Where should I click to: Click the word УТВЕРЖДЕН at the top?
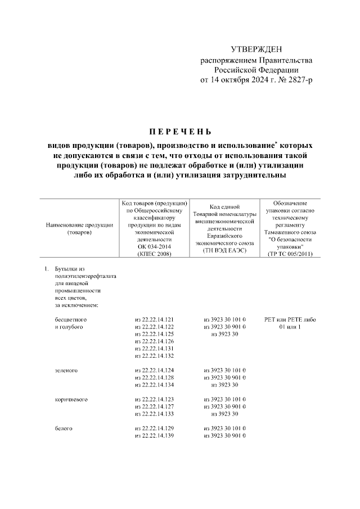point(256,51)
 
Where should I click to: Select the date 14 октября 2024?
point(242,80)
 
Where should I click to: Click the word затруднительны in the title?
point(252,175)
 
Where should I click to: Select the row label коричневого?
point(70,399)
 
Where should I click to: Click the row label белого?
point(63,429)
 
